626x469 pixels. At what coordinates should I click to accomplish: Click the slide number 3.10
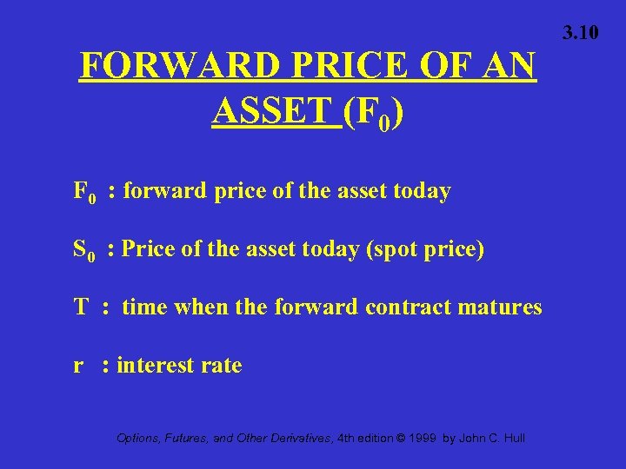click(580, 33)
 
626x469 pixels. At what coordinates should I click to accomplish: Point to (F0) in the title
click(372, 114)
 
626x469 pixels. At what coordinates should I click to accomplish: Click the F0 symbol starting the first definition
click(85, 192)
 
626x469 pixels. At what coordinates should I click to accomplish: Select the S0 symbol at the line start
click(84, 250)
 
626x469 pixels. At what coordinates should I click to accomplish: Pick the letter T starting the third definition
click(82, 307)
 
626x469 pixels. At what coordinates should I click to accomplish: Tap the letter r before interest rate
click(78, 366)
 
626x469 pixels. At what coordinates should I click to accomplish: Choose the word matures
click(502, 307)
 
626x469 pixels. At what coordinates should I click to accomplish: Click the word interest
click(156, 366)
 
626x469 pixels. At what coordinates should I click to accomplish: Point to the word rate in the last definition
click(223, 366)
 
